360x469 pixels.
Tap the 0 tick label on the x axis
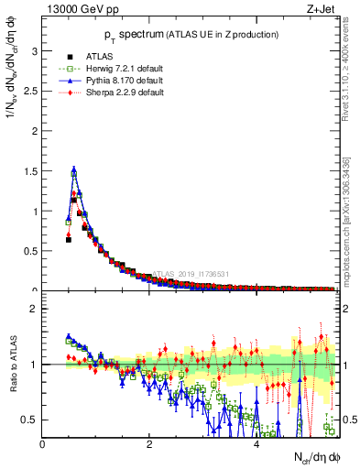coord(42,444)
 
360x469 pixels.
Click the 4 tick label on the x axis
coord(256,444)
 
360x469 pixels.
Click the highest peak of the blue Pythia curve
coord(73,169)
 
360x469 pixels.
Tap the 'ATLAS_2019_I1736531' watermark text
coord(191,273)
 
